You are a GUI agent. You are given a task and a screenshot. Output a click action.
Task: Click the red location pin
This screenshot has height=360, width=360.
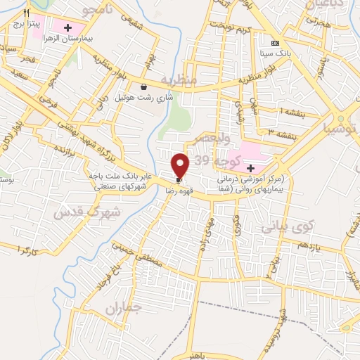181,165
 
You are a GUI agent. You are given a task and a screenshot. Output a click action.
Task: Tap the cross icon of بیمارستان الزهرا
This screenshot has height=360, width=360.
67,28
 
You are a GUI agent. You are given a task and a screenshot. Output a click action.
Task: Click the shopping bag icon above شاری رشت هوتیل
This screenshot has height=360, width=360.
143,87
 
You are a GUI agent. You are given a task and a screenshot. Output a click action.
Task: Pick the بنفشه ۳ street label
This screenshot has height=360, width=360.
279,131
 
